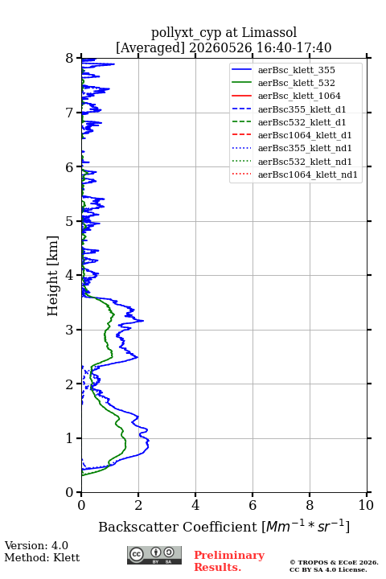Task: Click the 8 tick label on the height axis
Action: [x=70, y=59]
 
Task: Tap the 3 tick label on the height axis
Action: [x=70, y=330]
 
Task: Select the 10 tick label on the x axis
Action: [x=366, y=505]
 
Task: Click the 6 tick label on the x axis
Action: [x=253, y=505]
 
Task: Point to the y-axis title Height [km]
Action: [x=53, y=276]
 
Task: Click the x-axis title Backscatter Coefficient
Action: [x=177, y=527]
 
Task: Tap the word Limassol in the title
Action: [x=269, y=33]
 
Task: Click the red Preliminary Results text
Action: [x=229, y=561]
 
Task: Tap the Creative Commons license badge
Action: [x=154, y=555]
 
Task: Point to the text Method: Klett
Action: [x=42, y=557]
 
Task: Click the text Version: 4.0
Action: [x=36, y=545]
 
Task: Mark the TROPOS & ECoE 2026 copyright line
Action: [x=334, y=562]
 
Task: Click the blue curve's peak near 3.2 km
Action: [x=143, y=321]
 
